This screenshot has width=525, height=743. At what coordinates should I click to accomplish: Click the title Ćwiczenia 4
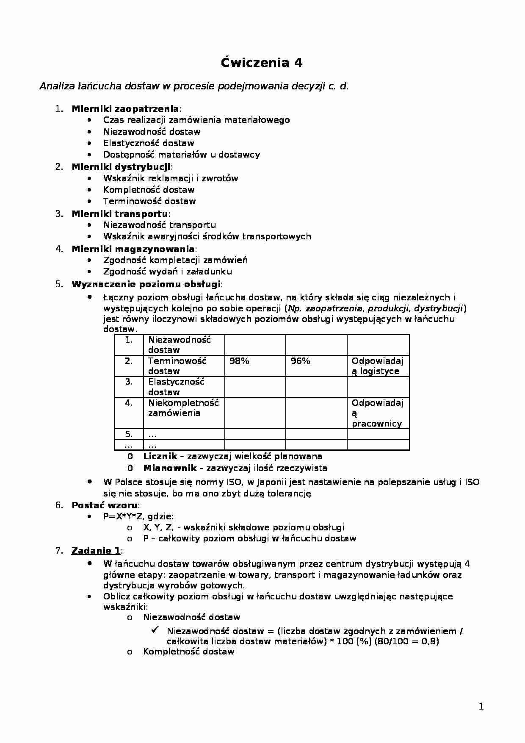(262, 63)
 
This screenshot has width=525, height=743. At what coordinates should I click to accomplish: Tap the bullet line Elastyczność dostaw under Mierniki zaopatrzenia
(149, 143)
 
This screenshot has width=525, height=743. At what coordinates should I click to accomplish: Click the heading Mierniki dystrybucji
(121, 167)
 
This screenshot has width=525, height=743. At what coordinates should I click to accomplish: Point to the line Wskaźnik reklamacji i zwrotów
(171, 178)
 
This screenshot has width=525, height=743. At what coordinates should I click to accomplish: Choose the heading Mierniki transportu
(119, 214)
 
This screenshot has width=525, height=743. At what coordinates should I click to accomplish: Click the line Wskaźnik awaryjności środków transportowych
(207, 236)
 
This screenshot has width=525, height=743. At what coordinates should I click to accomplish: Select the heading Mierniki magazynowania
(133, 249)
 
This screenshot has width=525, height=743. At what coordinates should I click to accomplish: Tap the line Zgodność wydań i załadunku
(168, 272)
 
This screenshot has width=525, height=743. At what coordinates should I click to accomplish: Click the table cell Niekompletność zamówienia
(183, 408)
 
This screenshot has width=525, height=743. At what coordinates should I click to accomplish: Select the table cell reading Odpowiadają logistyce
(377, 366)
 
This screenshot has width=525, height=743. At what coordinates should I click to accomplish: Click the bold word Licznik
(160, 457)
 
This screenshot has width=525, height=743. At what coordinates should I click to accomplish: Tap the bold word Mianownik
(170, 468)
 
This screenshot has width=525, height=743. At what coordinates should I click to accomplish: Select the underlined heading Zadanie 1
(96, 551)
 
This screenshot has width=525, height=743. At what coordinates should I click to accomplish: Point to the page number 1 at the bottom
(481, 706)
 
